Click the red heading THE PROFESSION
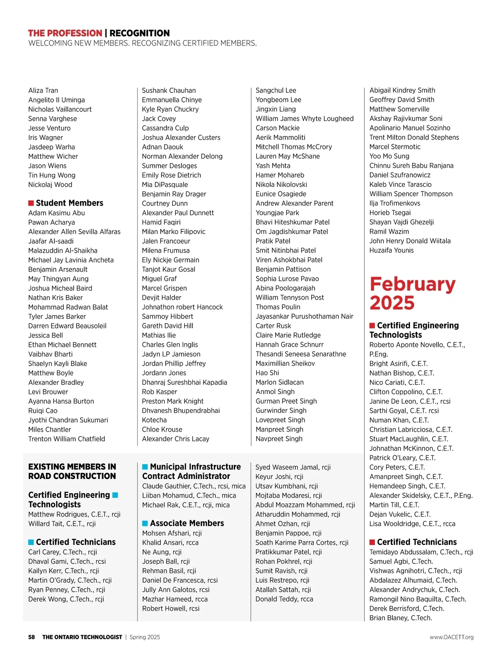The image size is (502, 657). (65, 33)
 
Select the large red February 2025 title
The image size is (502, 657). (412, 293)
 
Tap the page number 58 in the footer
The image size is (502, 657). (31, 637)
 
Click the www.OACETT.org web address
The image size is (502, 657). (451, 637)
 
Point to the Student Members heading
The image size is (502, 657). (69, 203)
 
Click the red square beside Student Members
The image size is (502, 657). (31, 203)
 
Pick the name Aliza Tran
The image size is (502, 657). (43, 90)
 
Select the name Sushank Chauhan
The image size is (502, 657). (169, 90)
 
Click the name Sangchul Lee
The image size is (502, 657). (276, 90)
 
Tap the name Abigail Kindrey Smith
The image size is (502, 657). (402, 90)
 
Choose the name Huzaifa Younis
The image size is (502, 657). (391, 250)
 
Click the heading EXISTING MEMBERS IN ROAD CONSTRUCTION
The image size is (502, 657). (72, 471)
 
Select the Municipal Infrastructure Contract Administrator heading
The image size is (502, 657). (191, 471)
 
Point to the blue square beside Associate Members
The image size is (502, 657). (145, 523)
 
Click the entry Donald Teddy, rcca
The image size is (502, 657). (284, 599)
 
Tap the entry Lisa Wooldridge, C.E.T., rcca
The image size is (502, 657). (412, 524)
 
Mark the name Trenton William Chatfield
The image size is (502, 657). (67, 439)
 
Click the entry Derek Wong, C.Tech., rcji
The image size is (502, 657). (66, 599)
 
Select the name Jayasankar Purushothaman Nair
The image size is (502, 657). (304, 316)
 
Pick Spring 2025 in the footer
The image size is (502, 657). (145, 637)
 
